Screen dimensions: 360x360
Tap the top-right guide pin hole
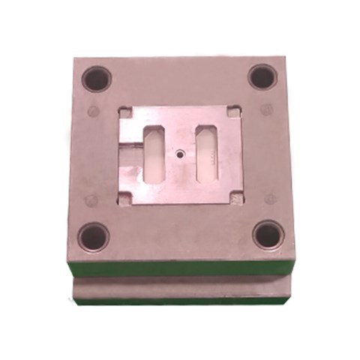[x=263, y=76]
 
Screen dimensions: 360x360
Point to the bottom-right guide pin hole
[x=267, y=235]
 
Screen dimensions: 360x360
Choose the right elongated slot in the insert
[x=207, y=152]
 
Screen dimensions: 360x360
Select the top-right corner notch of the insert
[x=235, y=111]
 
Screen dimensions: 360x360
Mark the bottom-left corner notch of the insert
[x=123, y=198]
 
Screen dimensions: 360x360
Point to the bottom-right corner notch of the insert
[x=238, y=196]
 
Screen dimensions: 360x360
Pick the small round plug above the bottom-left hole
[x=91, y=199]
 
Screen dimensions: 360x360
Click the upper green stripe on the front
[x=180, y=268]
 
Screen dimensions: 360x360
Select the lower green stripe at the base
[x=180, y=300]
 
